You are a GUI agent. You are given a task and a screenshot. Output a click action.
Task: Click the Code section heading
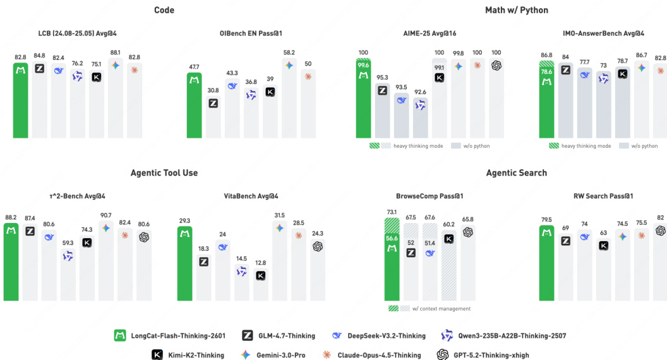pos(164,10)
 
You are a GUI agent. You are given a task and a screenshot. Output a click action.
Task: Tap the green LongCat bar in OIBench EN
pos(194,105)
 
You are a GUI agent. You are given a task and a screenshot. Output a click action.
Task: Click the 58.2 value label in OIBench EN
pos(289,53)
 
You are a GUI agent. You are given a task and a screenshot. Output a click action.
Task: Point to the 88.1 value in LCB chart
pos(115,53)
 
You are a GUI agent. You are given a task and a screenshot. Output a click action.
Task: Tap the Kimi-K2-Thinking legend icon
pos(158,355)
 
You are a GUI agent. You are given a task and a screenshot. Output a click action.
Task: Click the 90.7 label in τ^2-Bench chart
pos(105,216)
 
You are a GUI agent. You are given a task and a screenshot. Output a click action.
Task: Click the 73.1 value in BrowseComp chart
pos(392,212)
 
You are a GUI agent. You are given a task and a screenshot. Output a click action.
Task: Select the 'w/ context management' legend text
pos(441,309)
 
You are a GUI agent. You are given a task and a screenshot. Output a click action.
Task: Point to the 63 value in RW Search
pos(603,233)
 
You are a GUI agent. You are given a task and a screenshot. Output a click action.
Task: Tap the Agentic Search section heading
pos(516,173)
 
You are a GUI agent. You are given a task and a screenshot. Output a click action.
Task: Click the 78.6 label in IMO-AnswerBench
pos(546,72)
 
